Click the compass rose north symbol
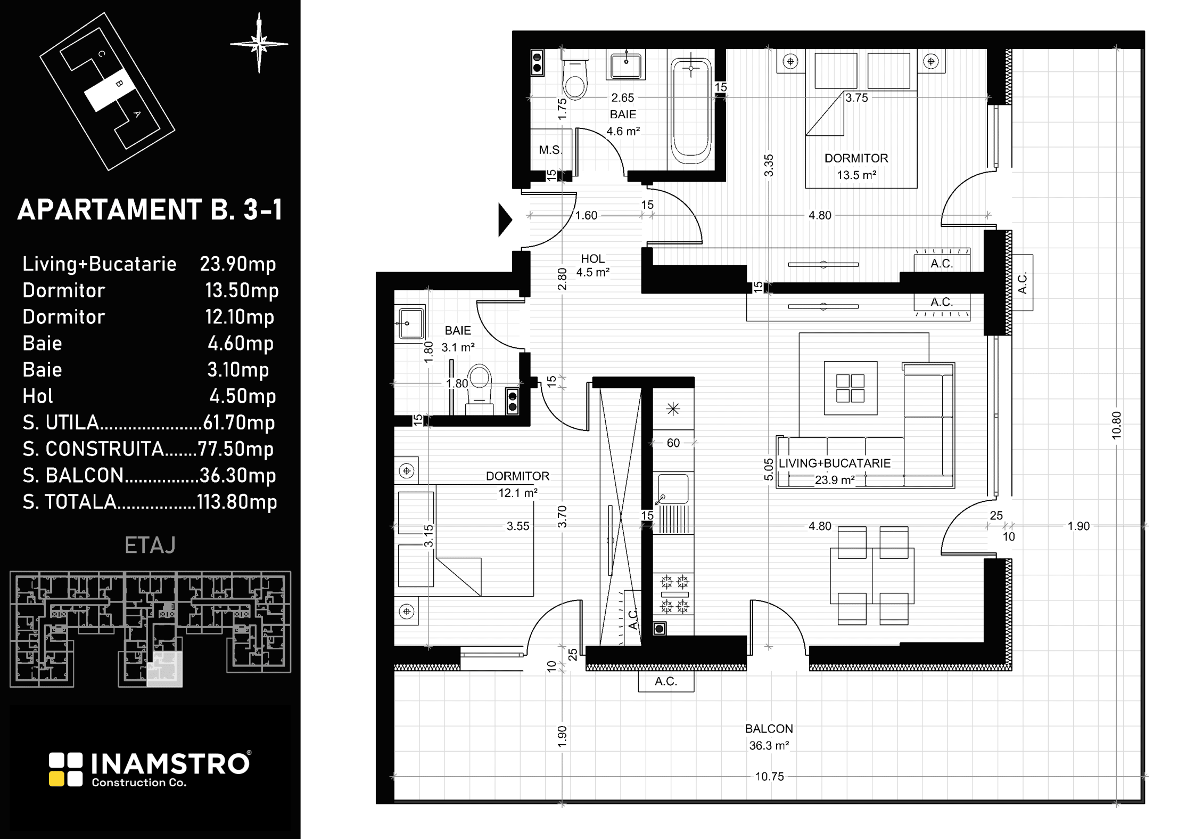click(259, 43)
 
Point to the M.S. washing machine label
click(550, 150)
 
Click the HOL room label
click(592, 259)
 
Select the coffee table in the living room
click(851, 388)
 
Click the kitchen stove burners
click(674, 594)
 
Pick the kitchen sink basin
click(673, 488)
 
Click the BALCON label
click(769, 729)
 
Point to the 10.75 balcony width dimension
click(769, 777)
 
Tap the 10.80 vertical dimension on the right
click(1117, 425)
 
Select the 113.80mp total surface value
click(237, 502)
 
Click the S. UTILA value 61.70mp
click(239, 422)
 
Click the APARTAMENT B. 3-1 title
click(150, 210)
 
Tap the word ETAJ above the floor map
click(150, 545)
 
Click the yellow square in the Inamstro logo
click(56, 779)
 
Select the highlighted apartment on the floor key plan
click(164, 670)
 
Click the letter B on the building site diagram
click(120, 83)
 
